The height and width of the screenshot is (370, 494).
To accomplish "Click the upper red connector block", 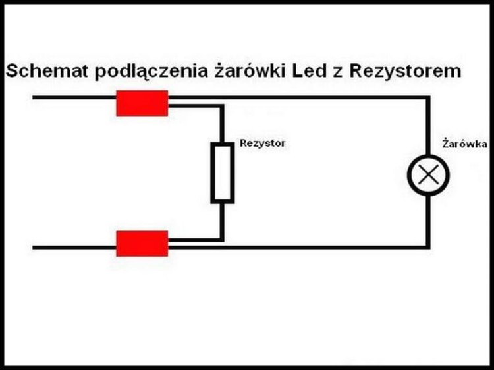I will click(x=142, y=103).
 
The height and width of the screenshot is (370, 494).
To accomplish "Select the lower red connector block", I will click(x=142, y=244).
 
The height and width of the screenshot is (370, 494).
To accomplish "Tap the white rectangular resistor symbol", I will click(x=222, y=174).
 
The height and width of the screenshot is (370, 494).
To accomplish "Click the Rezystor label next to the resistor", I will click(x=262, y=143).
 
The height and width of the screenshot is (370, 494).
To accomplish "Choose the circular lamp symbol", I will click(x=428, y=174).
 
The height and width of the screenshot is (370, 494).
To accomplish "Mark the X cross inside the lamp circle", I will click(x=428, y=174).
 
